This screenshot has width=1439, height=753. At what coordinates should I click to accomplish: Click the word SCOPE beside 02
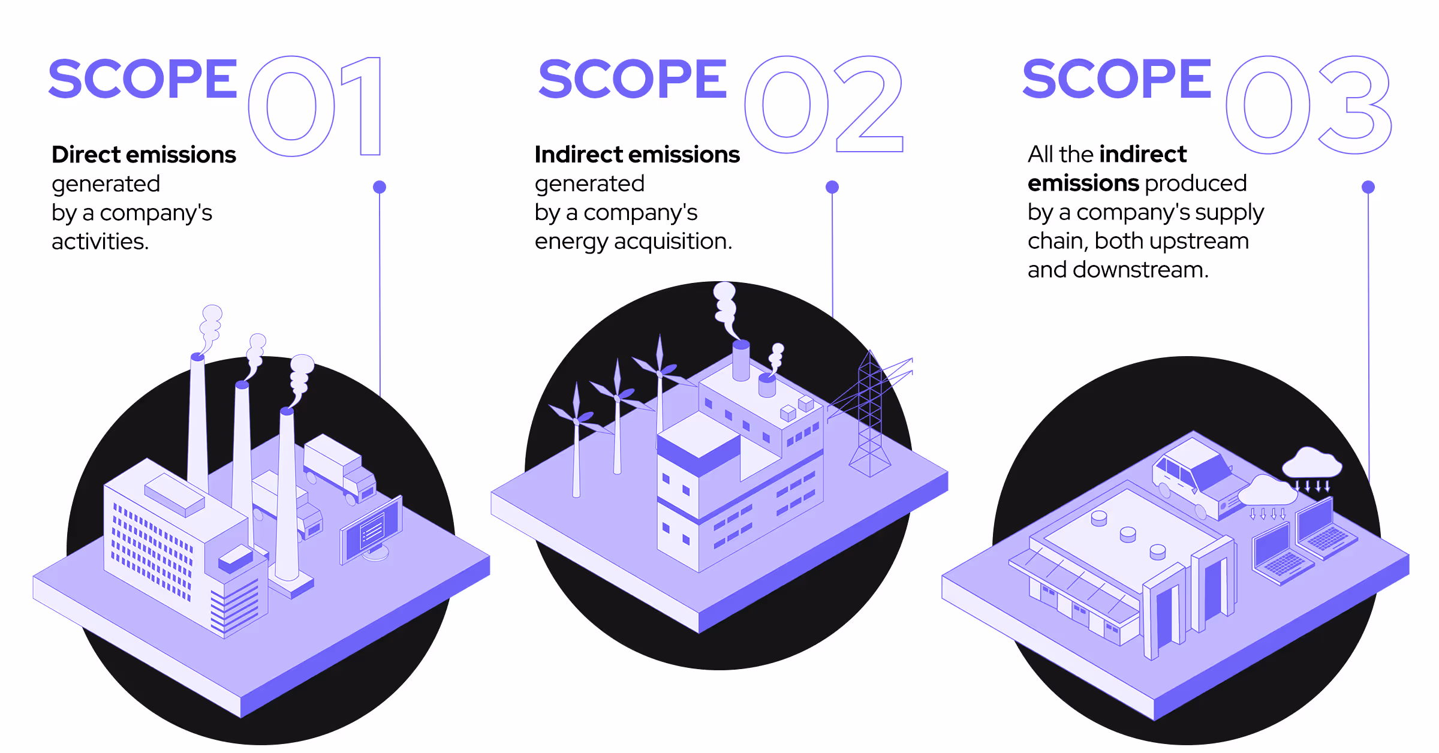[633, 79]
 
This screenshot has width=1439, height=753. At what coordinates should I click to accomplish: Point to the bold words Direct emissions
[144, 155]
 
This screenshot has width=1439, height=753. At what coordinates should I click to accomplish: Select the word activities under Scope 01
[99, 242]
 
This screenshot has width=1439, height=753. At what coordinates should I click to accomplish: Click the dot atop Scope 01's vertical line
[380, 187]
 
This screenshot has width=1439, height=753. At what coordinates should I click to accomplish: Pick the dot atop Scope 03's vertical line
[1368, 187]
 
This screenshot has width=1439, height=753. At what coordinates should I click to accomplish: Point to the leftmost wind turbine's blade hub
[576, 421]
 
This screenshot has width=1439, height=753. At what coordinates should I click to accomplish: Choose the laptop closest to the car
[1325, 528]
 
